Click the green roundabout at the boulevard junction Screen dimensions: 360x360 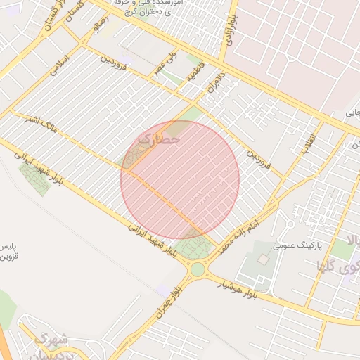[x=198, y=269]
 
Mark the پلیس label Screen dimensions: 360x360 [x=9, y=247]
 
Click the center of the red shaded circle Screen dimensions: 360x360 [x=180, y=180]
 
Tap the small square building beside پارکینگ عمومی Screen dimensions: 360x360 [x=263, y=259]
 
